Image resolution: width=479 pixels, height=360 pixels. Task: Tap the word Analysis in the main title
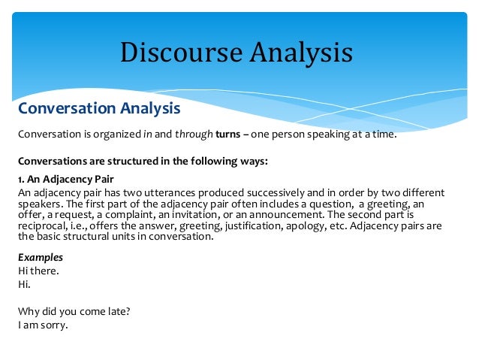(x=296, y=53)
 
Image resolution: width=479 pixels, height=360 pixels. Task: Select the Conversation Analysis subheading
(x=99, y=108)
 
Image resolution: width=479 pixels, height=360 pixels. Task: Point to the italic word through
(x=189, y=135)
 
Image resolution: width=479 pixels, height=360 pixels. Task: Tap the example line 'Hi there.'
(x=39, y=271)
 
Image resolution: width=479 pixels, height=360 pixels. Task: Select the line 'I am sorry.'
(x=43, y=326)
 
